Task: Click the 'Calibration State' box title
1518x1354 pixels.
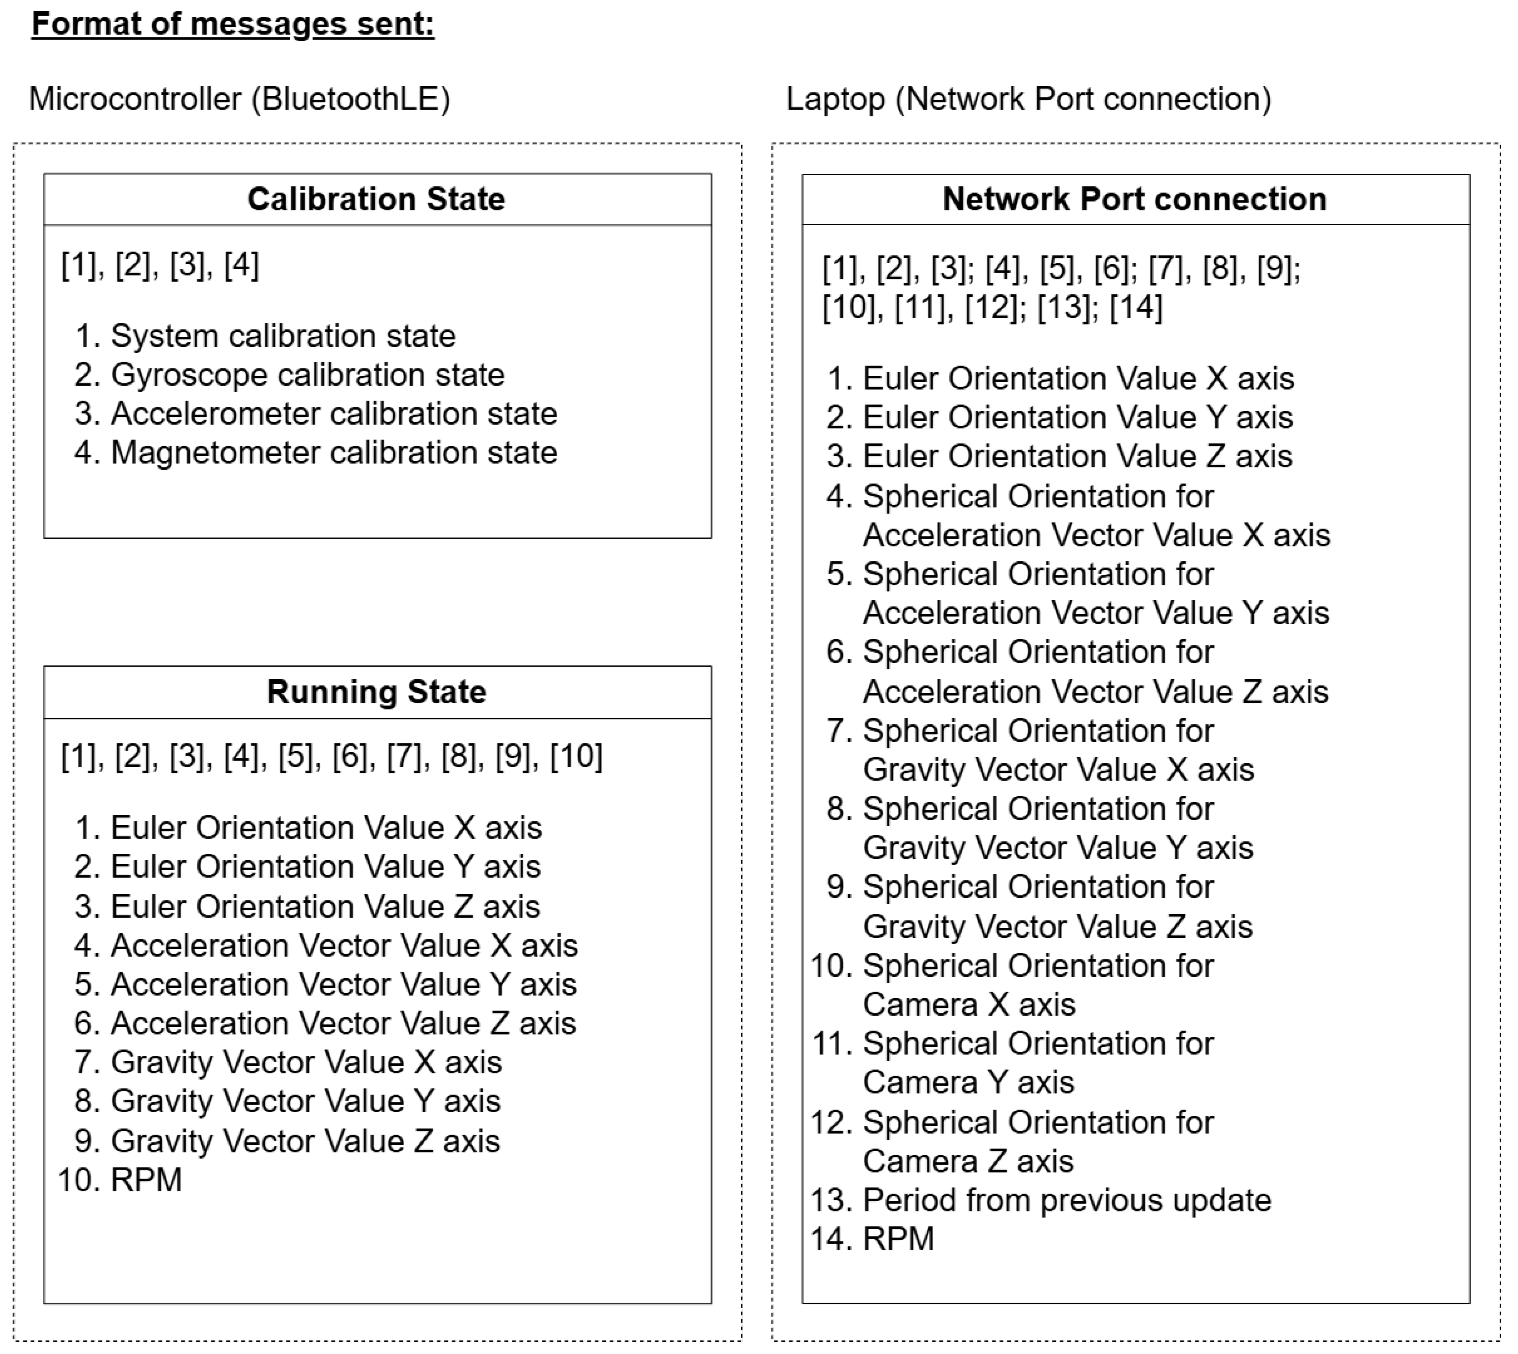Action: [x=376, y=199]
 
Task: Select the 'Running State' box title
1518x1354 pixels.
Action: [x=376, y=692]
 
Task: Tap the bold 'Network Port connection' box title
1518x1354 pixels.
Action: [x=1134, y=199]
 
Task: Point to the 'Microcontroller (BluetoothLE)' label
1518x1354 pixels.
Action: [x=239, y=99]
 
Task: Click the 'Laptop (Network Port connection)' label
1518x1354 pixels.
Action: [x=1029, y=99]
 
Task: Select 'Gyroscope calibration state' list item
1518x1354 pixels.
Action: [x=307, y=375]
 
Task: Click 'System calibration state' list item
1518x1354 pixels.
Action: [x=282, y=336]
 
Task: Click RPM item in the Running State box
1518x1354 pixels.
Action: [x=146, y=1180]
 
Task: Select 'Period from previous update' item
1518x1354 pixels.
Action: [x=1066, y=1200]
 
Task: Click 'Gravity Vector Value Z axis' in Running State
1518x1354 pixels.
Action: [x=305, y=1141]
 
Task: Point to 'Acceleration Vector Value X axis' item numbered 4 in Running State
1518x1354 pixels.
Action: [x=344, y=945]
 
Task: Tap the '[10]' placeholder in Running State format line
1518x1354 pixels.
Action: [x=576, y=756]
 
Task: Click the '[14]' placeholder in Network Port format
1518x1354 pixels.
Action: [x=1136, y=307]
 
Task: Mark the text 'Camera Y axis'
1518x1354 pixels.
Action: [x=968, y=1083]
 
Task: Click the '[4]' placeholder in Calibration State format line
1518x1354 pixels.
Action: [x=241, y=266]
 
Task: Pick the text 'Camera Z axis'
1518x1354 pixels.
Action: [x=968, y=1161]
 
